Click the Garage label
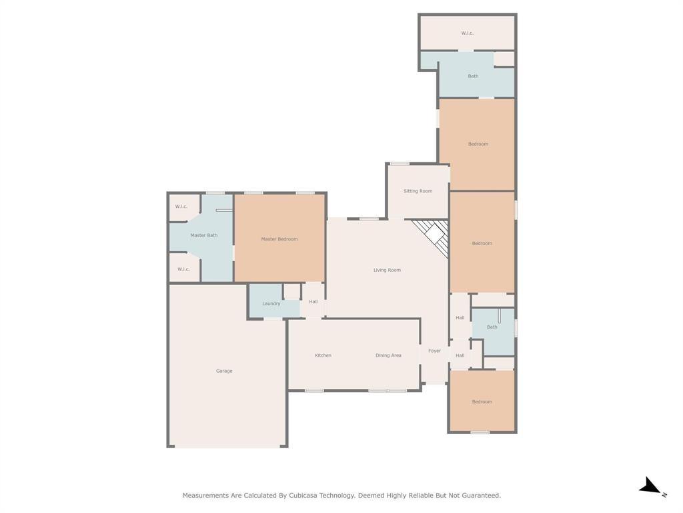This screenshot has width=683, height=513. [224, 371]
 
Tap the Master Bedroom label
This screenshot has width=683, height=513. [279, 239]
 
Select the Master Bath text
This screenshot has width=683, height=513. [203, 235]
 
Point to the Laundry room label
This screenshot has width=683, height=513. [271, 304]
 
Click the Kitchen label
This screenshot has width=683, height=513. [323, 355]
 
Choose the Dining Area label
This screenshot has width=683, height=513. [388, 355]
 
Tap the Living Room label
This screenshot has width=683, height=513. [387, 270]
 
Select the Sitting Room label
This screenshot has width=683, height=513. [418, 191]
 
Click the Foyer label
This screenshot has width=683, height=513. [434, 351]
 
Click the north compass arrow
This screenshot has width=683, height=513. [650, 487]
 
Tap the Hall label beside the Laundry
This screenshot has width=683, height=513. [313, 302]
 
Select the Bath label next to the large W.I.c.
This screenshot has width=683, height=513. [473, 76]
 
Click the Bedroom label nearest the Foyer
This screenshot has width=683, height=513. [482, 401]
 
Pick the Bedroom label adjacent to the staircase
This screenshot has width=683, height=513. [482, 243]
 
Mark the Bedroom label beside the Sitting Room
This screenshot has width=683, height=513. [478, 144]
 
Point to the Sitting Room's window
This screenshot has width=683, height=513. [400, 164]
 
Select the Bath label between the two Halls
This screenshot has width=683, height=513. [492, 327]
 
